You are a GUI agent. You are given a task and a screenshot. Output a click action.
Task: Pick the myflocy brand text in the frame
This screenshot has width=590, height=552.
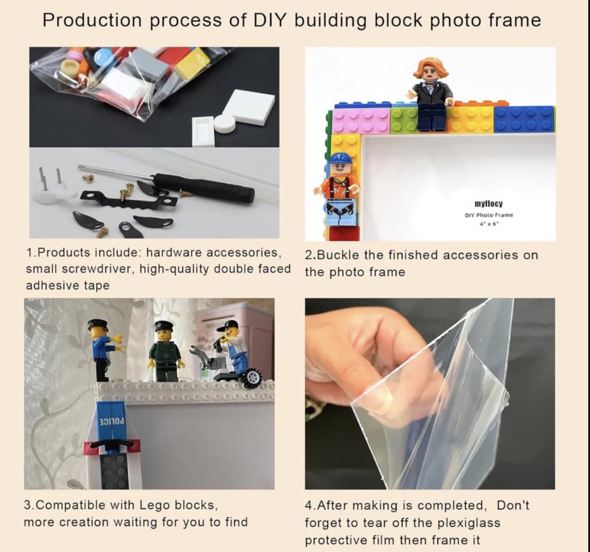point(489,204)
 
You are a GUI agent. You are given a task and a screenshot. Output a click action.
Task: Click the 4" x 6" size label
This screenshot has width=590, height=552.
point(489,224)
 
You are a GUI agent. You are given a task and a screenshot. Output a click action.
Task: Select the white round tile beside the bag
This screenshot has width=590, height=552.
point(225,123)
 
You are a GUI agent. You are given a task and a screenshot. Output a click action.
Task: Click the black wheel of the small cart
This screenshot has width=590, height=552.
point(252,378)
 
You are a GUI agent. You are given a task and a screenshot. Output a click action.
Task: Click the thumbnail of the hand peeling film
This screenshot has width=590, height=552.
point(430,393)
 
